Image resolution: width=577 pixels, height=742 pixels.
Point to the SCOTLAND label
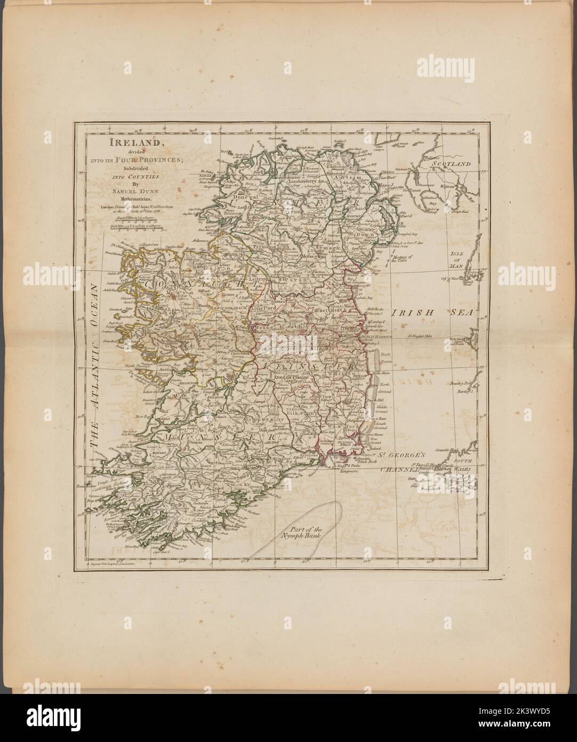[453, 164]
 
